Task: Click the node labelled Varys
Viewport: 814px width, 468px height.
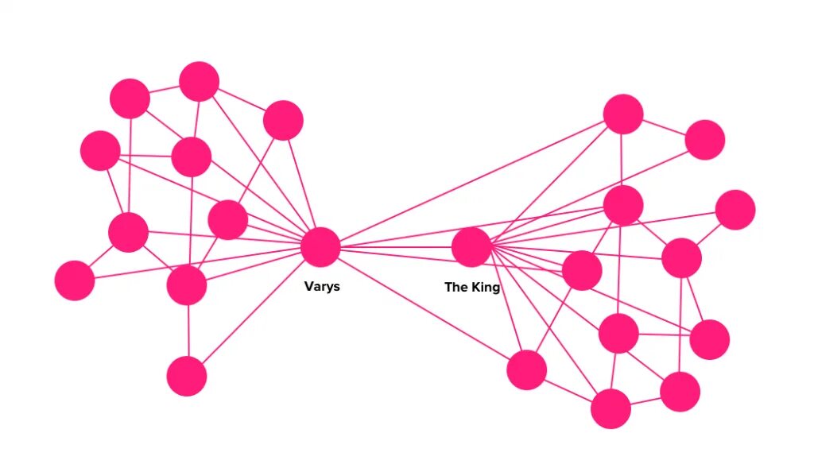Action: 320,246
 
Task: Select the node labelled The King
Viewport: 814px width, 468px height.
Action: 471,246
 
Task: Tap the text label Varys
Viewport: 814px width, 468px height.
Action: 322,286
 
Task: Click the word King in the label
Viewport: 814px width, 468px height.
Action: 485,287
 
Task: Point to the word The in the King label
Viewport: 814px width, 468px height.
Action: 455,287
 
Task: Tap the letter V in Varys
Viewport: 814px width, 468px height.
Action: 308,286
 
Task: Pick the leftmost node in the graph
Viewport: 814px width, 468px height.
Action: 75,280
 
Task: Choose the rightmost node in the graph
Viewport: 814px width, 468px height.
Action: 735,210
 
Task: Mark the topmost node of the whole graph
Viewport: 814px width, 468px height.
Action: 199,81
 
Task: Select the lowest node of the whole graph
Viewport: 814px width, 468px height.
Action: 610,409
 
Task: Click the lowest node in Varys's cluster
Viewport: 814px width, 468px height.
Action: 187,376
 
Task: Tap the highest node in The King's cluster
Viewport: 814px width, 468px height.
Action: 622,114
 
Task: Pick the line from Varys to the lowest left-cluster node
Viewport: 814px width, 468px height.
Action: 254,311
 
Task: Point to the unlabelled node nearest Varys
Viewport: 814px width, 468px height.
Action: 228,219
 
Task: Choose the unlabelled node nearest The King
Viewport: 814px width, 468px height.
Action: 582,270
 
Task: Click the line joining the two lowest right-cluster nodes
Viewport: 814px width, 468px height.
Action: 645,400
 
